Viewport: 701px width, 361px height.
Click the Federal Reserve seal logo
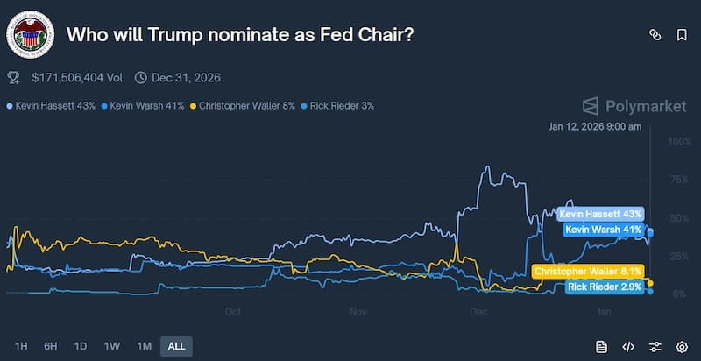pos(30,35)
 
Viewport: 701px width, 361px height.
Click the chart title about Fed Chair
pos(241,35)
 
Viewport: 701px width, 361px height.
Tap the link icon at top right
pos(654,35)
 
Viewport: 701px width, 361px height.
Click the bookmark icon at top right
pos(682,35)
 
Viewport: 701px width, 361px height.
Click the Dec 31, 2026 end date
pos(186,78)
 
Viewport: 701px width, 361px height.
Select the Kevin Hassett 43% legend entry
pos(52,106)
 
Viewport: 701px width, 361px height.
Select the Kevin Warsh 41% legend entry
pos(144,106)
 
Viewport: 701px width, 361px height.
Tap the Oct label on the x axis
pos(233,311)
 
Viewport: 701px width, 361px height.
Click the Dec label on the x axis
pos(478,311)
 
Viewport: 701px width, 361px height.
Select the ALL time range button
pos(176,346)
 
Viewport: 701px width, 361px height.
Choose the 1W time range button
pos(111,346)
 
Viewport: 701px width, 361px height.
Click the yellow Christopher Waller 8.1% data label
pos(588,273)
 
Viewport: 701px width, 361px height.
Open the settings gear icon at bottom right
pos(682,346)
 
